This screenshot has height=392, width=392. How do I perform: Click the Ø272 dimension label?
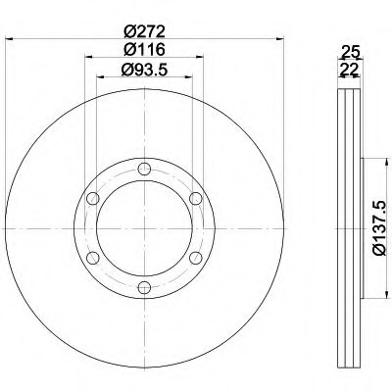(x=144, y=31)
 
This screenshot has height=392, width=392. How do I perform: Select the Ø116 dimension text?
(x=144, y=50)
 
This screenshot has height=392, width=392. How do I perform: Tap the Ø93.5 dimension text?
(x=144, y=70)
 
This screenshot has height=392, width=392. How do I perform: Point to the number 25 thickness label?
(x=350, y=52)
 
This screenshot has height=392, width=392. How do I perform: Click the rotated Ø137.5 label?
(x=380, y=228)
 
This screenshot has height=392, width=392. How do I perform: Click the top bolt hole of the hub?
(x=144, y=170)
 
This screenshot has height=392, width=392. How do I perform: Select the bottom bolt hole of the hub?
(x=144, y=287)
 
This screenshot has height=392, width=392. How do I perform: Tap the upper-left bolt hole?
(x=93, y=199)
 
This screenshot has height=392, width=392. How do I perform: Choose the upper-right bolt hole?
(x=196, y=199)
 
